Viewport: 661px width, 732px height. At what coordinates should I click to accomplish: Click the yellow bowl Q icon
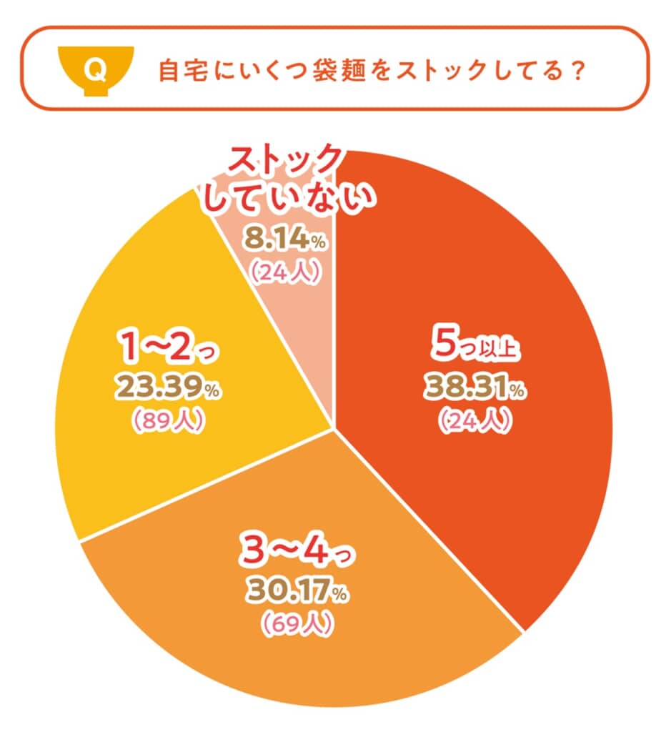coord(92,70)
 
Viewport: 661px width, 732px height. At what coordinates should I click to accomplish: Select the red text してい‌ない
coord(287,197)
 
